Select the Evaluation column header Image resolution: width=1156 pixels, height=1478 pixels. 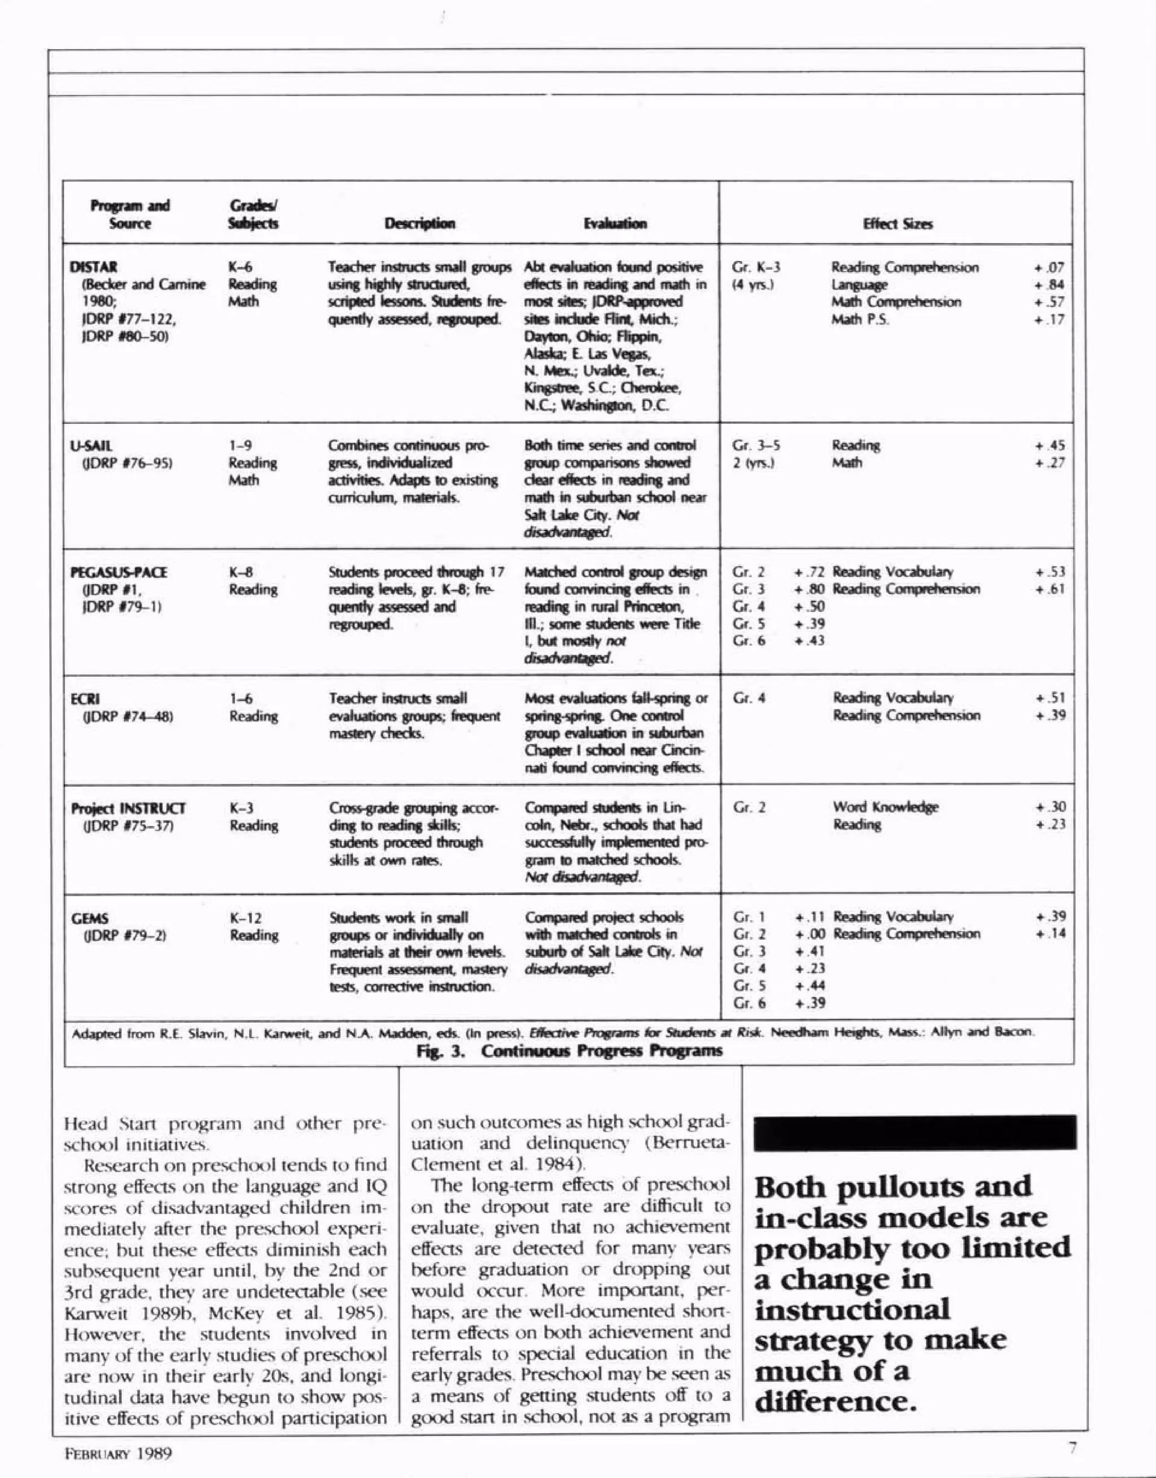[615, 223]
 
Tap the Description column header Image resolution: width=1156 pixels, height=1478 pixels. [419, 223]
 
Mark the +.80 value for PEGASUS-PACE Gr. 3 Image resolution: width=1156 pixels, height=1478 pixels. [809, 589]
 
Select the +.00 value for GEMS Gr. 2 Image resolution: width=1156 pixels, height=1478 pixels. [809, 935]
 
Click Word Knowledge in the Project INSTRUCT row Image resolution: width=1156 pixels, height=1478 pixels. [885, 808]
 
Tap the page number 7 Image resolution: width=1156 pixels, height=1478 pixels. [1071, 1448]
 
